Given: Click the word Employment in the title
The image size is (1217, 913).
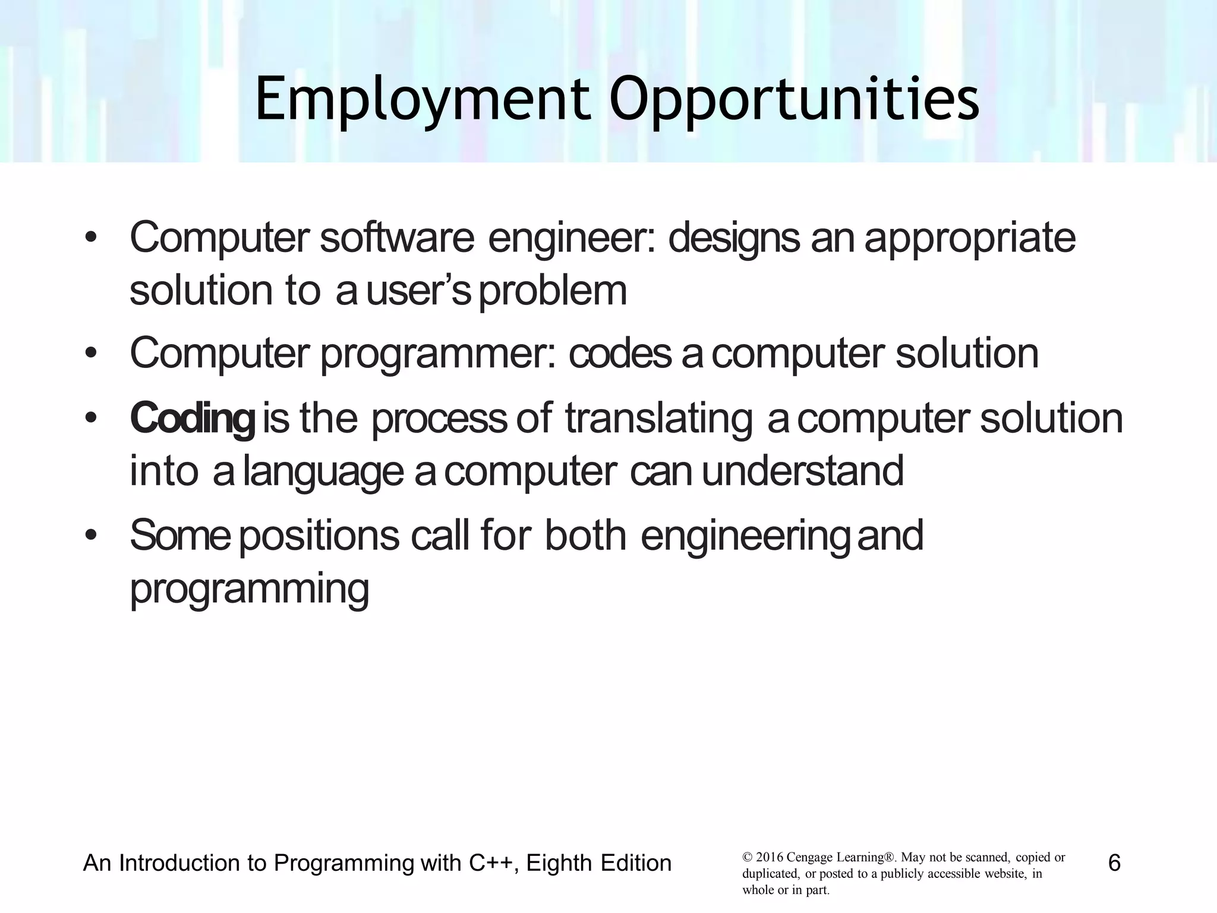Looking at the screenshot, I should point(423,100).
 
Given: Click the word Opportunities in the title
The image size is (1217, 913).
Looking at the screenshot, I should point(794,100).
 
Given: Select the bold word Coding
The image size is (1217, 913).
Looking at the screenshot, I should point(193,418).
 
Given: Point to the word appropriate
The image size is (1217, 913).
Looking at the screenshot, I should point(970,238).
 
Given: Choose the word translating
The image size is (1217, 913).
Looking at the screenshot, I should point(658,418).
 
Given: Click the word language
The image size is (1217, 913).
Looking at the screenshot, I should point(323,471).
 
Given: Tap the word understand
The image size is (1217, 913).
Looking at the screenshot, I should point(803,470).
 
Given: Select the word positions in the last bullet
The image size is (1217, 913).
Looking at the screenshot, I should point(319,535).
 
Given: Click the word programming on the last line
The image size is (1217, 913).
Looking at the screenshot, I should point(250,588).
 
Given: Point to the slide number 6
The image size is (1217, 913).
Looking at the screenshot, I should point(1114,862).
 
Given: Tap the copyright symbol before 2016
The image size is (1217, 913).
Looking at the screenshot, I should point(747,858).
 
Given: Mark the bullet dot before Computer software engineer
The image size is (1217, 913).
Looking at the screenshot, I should point(90,238).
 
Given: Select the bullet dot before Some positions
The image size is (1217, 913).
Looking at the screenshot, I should point(90,536).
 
